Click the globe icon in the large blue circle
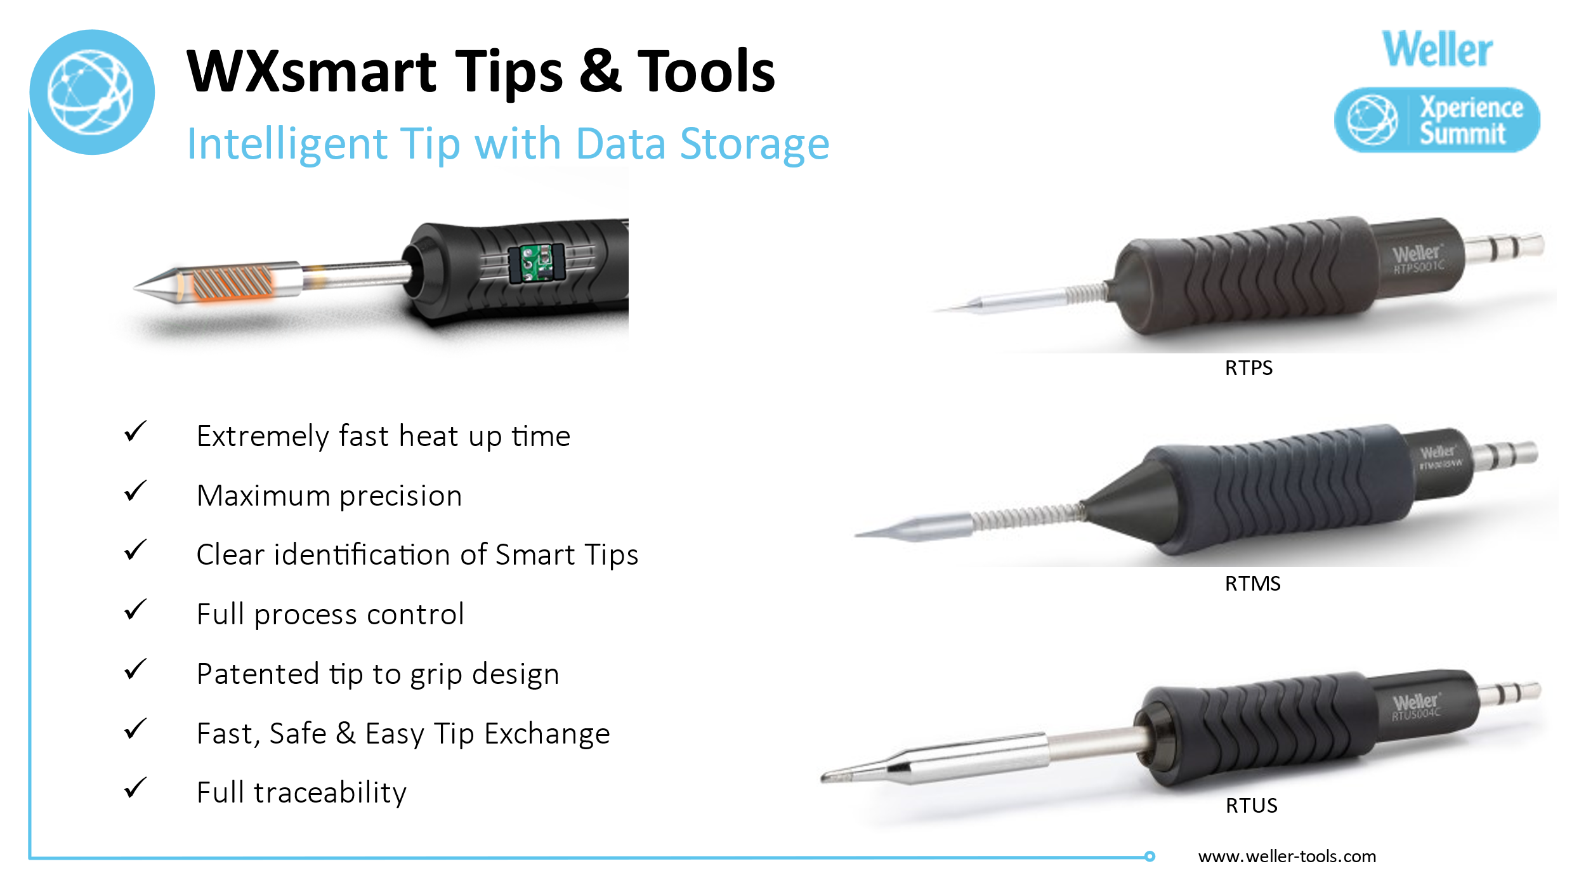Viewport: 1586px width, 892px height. [91, 92]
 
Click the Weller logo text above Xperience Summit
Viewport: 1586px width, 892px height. [1437, 49]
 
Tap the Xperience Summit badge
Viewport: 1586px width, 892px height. [1437, 120]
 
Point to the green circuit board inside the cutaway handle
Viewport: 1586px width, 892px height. [537, 263]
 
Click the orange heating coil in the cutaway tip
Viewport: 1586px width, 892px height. [232, 283]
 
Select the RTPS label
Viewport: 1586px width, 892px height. [1248, 368]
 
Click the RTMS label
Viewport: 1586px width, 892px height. [1252, 584]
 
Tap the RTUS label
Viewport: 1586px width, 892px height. [1251, 806]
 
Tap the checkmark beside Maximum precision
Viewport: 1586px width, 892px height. [135, 492]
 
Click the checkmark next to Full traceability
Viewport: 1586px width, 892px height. [135, 788]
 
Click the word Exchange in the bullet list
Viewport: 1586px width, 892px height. [547, 734]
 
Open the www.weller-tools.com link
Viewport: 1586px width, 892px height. [1287, 856]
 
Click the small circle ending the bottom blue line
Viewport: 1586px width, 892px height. [1150, 856]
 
